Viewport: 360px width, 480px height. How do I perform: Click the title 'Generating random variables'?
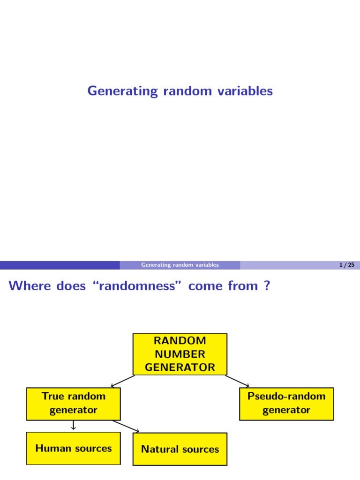(x=180, y=91)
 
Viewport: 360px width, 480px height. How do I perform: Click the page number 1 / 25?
(x=346, y=265)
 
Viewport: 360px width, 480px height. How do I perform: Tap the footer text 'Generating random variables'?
(x=180, y=265)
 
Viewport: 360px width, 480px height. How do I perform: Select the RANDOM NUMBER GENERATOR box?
(x=180, y=354)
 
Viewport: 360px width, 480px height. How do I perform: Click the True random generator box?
(x=74, y=403)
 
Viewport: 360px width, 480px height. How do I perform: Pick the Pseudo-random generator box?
(x=286, y=403)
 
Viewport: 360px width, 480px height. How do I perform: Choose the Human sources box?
(x=74, y=448)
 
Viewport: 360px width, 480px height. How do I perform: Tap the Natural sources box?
(x=180, y=449)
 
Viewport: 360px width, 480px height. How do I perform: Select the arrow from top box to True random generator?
(x=122, y=381)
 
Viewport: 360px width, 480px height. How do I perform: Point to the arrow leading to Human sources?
(x=74, y=426)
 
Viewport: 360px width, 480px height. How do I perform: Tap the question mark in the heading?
(x=267, y=286)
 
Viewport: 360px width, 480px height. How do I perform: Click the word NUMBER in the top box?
(x=180, y=354)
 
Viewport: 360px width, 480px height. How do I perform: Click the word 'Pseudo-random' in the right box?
(x=286, y=396)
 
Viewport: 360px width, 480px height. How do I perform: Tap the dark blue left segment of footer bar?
(x=60, y=265)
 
